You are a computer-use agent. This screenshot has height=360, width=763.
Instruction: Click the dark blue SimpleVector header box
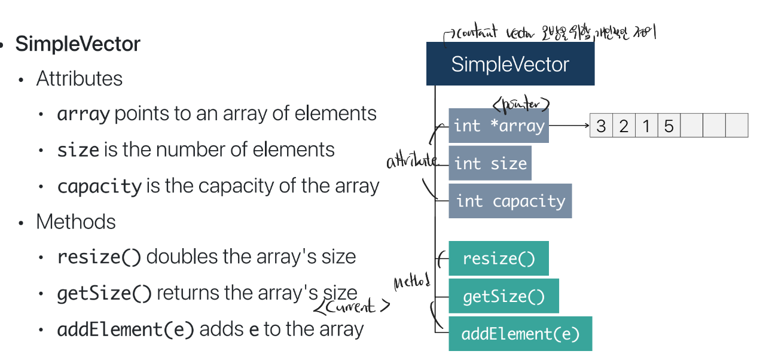[x=510, y=64]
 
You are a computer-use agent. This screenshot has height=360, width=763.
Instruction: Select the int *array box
[x=499, y=126]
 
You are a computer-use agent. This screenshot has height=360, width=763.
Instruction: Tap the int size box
[x=490, y=163]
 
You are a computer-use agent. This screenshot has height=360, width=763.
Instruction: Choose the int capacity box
[x=510, y=201]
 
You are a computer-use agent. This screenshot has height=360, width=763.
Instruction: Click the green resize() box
[x=498, y=258]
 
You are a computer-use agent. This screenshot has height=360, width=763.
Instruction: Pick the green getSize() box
[x=503, y=296]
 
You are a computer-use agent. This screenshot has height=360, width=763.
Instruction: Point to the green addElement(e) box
[x=520, y=334]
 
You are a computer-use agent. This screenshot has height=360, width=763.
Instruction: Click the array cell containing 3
[x=601, y=126]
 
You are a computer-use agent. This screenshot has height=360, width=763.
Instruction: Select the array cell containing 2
[x=624, y=126]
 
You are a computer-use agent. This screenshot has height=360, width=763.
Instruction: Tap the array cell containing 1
[x=646, y=126]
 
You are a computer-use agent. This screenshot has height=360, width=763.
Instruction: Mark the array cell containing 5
[x=669, y=126]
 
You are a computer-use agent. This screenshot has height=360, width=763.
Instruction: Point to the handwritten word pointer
[x=520, y=104]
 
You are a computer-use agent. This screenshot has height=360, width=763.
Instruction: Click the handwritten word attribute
[x=412, y=161]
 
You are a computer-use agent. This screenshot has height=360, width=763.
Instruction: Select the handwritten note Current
[x=352, y=307]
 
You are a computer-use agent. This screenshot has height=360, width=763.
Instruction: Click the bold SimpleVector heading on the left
[x=78, y=44]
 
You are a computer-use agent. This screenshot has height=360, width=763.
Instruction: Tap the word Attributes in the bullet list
[x=79, y=79]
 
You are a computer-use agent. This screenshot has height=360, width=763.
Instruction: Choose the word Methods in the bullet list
[x=76, y=222]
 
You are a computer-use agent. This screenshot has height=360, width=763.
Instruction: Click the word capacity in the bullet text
[x=99, y=187]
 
